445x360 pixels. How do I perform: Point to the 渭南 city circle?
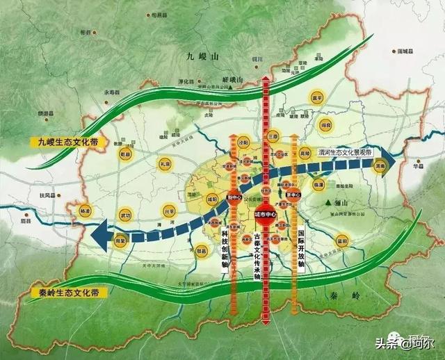tap(380, 167)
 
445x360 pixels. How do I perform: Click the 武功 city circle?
tap(125, 215)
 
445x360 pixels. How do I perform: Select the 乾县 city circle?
tap(125, 154)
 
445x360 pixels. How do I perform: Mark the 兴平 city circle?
tap(169, 211)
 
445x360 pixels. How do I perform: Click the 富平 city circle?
tap(317, 99)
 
